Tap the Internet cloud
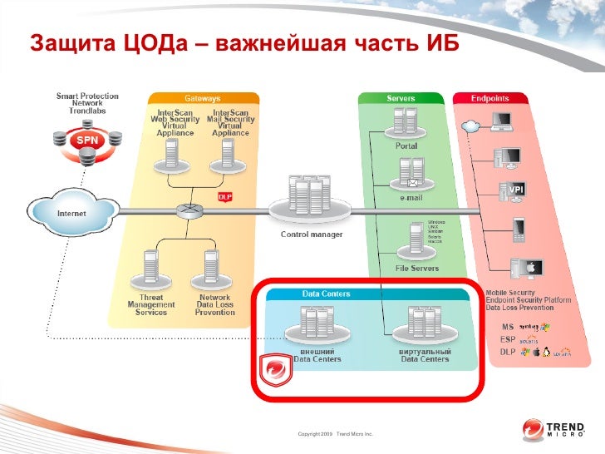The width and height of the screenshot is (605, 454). (70, 214)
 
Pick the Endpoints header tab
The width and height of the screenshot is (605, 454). (490, 98)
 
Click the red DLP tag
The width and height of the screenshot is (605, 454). (224, 197)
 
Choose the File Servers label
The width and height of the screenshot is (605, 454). (416, 268)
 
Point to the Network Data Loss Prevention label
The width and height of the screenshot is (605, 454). (214, 304)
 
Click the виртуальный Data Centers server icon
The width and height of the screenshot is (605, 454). (425, 324)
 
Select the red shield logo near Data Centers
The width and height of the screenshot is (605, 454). (275, 370)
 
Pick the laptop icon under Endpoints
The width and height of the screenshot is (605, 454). (501, 122)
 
